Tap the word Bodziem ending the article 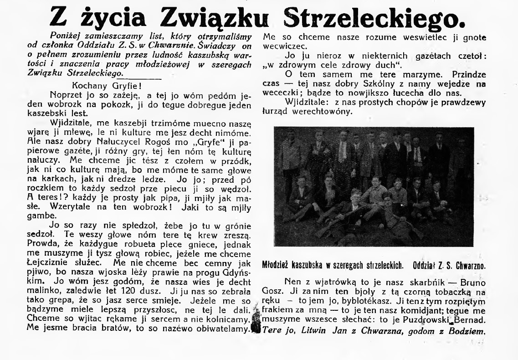point(462,331)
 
